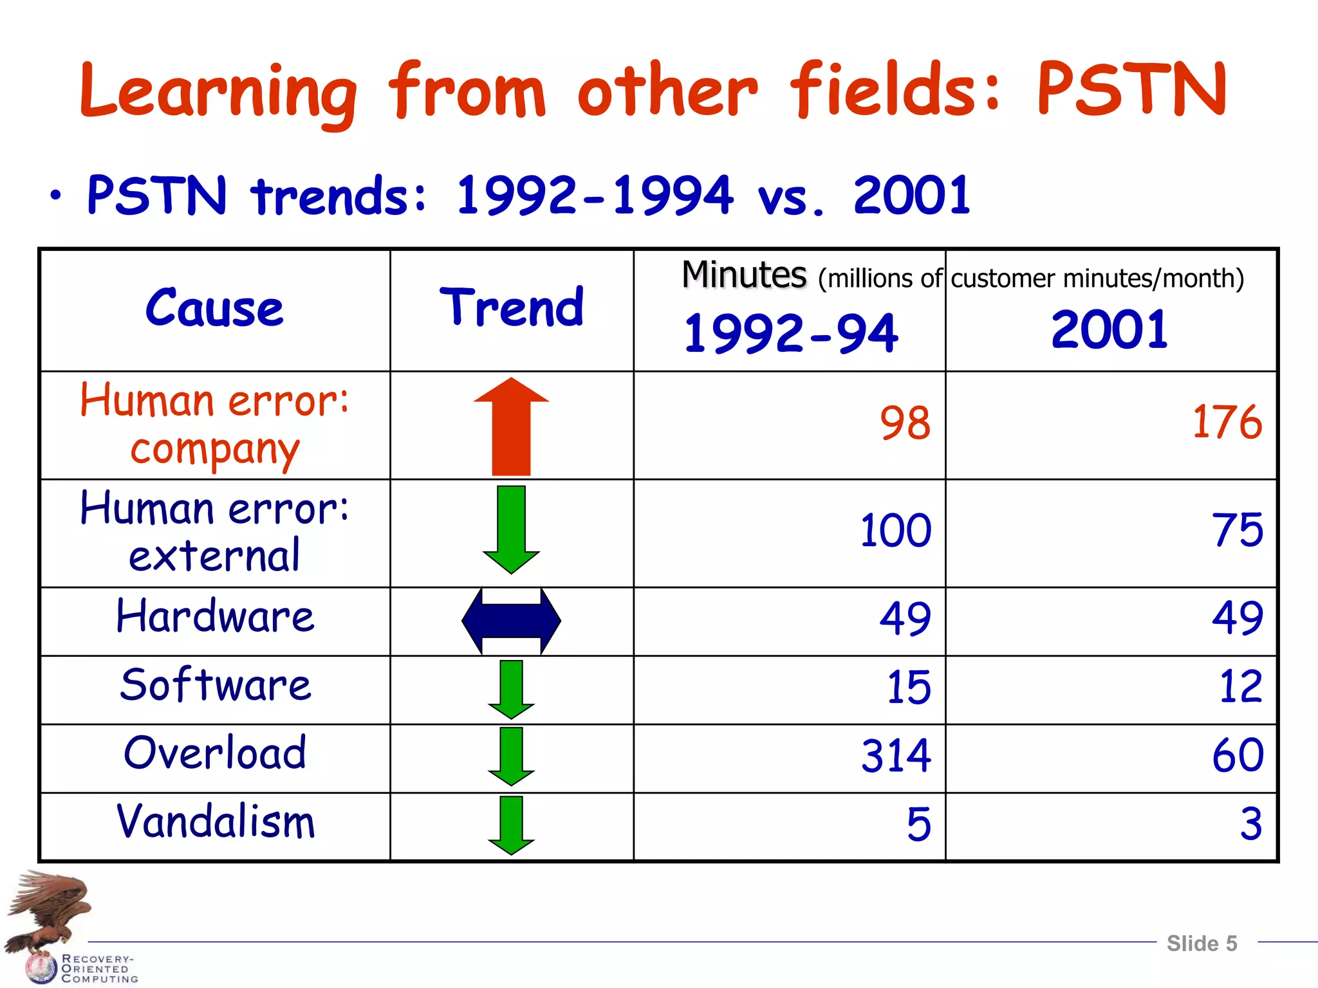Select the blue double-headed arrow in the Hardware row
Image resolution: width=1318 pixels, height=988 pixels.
tap(511, 621)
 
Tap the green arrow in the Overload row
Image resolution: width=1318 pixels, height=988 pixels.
tap(511, 756)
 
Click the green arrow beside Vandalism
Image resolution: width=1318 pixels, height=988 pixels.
tap(511, 825)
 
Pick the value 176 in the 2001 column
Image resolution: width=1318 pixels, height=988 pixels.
tap(1227, 423)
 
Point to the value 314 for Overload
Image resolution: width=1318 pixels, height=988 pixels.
tap(896, 756)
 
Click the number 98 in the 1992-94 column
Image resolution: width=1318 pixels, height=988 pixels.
tap(905, 424)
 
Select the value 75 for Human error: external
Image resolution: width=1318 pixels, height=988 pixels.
tap(1237, 531)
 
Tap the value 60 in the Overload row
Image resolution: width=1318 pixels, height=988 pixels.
tap(1237, 756)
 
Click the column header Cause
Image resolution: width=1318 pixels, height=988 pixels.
tap(214, 308)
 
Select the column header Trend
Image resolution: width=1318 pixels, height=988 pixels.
tap(512, 308)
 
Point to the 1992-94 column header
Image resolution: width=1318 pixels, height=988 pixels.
tap(790, 333)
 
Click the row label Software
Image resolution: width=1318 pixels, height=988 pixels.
tap(216, 685)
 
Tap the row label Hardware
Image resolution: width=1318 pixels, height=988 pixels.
tap(216, 616)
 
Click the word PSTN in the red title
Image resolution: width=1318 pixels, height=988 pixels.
tap(1131, 90)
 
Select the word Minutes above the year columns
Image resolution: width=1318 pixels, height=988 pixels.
tap(744, 275)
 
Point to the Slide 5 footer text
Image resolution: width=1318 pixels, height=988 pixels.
tap(1202, 944)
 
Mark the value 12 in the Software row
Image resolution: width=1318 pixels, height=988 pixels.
tap(1240, 687)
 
